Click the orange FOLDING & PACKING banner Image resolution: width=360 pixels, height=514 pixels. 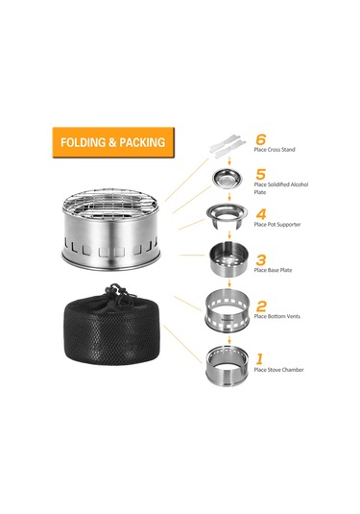click(x=113, y=142)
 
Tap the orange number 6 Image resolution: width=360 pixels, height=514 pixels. click(x=261, y=139)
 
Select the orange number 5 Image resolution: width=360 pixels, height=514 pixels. click(x=261, y=175)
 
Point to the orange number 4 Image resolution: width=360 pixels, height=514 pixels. click(x=261, y=214)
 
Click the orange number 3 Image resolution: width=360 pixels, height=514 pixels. click(x=261, y=260)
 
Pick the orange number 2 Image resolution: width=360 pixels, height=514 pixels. click(x=261, y=306)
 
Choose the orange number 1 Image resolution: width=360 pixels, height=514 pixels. click(x=260, y=359)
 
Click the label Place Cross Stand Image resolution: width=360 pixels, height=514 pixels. click(x=275, y=150)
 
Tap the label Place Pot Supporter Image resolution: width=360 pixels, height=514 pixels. click(x=277, y=225)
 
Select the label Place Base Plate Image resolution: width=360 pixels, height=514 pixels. click(x=273, y=270)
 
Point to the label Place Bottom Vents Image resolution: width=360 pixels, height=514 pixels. click(x=277, y=316)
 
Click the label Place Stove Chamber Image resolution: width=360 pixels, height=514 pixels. click(x=278, y=370)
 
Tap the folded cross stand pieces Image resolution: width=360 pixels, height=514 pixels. click(x=228, y=146)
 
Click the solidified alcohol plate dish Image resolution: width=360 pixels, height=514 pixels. click(x=228, y=179)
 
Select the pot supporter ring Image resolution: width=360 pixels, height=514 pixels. click(x=227, y=213)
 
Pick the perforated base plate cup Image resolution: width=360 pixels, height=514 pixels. click(x=228, y=258)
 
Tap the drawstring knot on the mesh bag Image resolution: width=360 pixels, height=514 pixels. click(x=114, y=291)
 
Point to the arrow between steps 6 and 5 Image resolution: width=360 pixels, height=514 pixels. click(x=229, y=160)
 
